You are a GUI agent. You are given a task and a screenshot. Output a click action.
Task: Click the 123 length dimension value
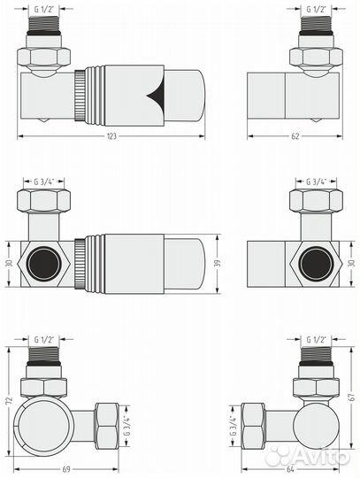click(x=111, y=136)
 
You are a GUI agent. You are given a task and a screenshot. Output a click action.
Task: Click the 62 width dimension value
click(x=295, y=136)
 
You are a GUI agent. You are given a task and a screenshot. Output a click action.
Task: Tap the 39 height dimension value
click(x=218, y=264)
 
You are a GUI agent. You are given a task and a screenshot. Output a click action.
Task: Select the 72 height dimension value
click(x=10, y=400)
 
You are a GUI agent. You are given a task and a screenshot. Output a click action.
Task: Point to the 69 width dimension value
click(x=66, y=469)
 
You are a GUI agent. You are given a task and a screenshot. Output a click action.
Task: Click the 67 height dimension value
click(x=352, y=397)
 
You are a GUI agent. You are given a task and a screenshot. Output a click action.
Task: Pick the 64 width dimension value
click(x=290, y=469)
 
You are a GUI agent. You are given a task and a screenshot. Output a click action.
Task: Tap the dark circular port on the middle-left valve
click(x=43, y=263)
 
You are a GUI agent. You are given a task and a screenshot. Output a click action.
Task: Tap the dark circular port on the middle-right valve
click(x=316, y=263)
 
